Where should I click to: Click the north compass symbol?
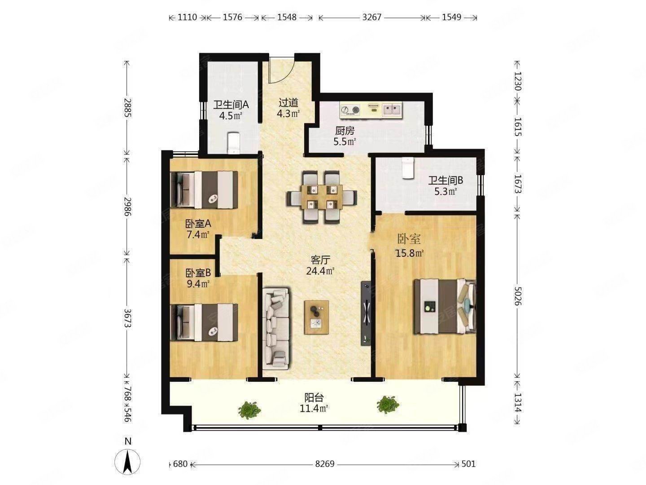(x=127, y=462)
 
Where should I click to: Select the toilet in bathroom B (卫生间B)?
(x=408, y=168)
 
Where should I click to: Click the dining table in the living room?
(x=322, y=197)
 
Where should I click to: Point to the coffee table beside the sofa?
(x=317, y=317)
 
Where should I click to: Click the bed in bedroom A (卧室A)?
(x=204, y=190)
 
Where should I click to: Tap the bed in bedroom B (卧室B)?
(x=204, y=323)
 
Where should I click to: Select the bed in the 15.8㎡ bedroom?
(x=445, y=307)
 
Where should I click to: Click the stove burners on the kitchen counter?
(x=350, y=110)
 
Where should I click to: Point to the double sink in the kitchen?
(x=392, y=110)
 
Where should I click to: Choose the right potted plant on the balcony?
(x=388, y=405)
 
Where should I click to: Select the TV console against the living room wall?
(x=366, y=313)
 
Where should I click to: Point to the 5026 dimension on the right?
(x=518, y=296)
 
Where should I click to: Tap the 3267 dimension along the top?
(x=372, y=18)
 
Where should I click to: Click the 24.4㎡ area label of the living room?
(x=320, y=271)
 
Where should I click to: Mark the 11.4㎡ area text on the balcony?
(x=314, y=409)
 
